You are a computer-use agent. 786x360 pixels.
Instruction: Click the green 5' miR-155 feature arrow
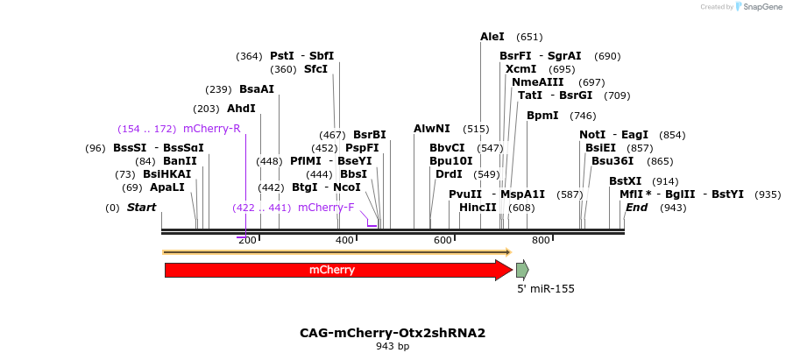(x=522, y=269)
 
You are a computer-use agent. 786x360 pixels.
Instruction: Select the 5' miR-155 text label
(x=545, y=288)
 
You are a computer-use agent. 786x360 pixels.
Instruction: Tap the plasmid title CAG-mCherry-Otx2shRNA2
(x=393, y=333)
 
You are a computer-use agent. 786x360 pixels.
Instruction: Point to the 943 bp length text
(x=393, y=346)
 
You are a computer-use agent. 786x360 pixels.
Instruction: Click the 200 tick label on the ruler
(x=248, y=240)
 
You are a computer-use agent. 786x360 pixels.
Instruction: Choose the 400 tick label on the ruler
(x=345, y=240)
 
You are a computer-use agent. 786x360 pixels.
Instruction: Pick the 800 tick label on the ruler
(x=541, y=240)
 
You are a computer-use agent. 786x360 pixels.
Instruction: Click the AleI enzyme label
(x=492, y=37)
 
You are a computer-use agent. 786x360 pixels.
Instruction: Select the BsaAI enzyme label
(x=257, y=89)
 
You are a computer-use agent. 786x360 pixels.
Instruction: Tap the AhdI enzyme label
(x=241, y=109)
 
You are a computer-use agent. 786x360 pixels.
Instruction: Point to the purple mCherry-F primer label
(x=326, y=208)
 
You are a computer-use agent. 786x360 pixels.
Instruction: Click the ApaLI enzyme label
(x=166, y=187)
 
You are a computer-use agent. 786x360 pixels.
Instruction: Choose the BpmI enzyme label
(x=542, y=116)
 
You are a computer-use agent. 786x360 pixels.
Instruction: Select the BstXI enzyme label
(x=626, y=181)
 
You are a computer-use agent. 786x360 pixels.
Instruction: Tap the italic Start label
(x=141, y=208)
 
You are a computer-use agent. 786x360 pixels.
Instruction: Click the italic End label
(x=636, y=208)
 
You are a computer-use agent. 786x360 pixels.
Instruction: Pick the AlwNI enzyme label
(x=432, y=129)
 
